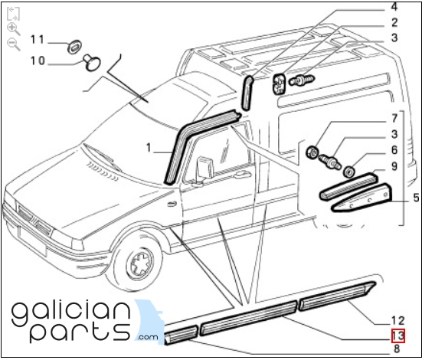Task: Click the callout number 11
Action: (38, 40)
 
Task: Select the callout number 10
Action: (38, 61)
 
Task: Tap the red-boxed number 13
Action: (398, 336)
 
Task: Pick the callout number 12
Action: (398, 321)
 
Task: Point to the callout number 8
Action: (397, 349)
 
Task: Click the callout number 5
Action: (416, 198)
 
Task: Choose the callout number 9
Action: (394, 166)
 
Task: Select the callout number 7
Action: (394, 118)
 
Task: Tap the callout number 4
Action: (394, 7)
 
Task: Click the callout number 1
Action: (149, 148)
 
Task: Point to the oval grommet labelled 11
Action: (74, 47)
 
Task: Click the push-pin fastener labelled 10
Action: (91, 63)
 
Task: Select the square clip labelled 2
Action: (279, 83)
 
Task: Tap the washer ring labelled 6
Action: (349, 172)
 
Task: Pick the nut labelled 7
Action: (312, 152)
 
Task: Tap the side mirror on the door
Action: (205, 169)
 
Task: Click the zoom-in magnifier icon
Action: (14, 29)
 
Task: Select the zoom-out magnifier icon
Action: (14, 44)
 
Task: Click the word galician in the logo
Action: (71, 313)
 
